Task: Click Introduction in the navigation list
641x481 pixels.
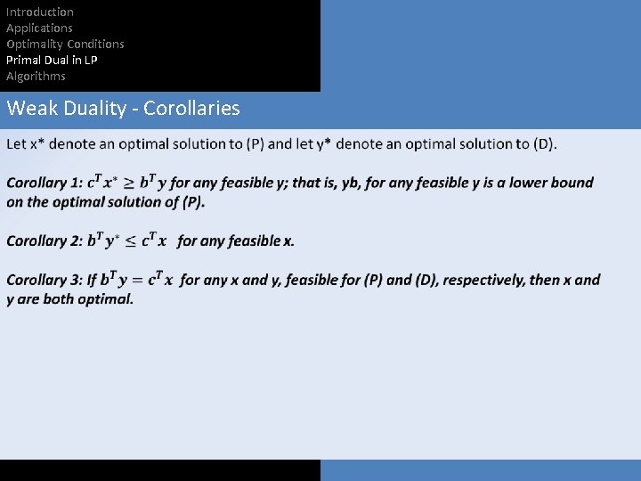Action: click(x=40, y=12)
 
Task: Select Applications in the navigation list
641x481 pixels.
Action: click(x=40, y=28)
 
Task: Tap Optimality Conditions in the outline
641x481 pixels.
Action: click(x=65, y=44)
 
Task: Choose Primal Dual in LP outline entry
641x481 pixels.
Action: click(x=52, y=60)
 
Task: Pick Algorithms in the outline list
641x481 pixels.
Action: click(x=36, y=76)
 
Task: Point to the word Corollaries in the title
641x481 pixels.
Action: click(x=191, y=109)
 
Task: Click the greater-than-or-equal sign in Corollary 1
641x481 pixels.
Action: click(x=130, y=183)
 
